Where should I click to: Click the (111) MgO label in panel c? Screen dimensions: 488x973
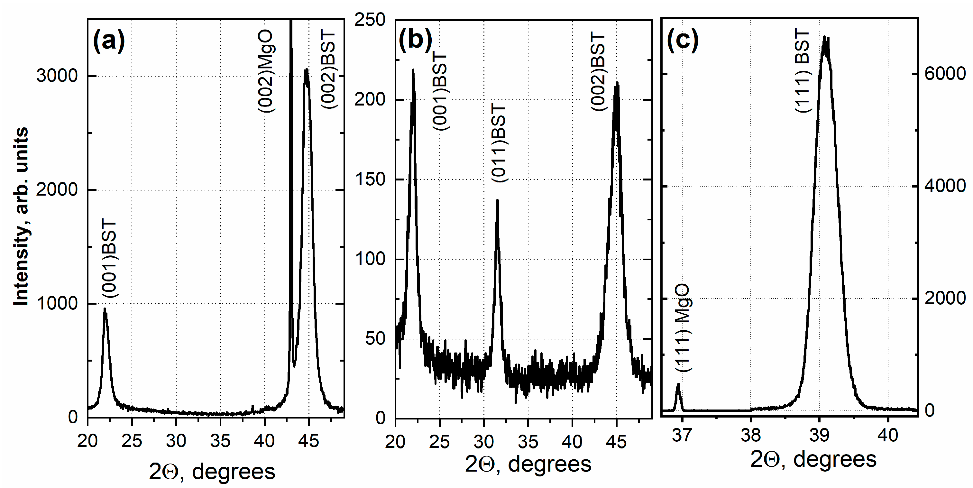(683, 329)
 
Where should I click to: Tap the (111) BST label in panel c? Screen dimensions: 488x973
(802, 71)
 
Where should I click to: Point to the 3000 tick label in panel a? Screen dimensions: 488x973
(57, 76)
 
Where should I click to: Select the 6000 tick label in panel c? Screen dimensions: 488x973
(945, 73)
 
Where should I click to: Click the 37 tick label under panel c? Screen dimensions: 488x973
(682, 436)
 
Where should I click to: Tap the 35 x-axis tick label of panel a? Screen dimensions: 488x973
(220, 441)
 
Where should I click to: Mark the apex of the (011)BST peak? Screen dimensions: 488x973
(497, 200)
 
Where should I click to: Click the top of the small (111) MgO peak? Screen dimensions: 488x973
(678, 384)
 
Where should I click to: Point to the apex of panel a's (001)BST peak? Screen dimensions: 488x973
(105, 309)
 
